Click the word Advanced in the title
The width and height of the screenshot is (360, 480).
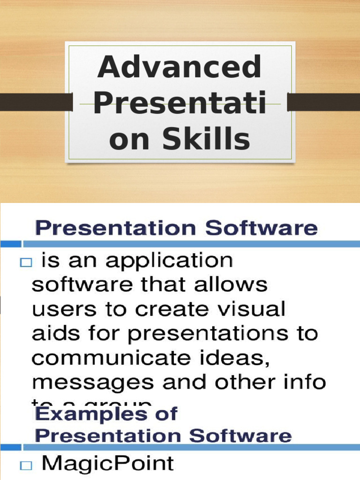pos(179,67)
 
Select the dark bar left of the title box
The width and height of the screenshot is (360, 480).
pos(36,102)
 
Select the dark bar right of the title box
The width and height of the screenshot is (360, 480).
pos(323,102)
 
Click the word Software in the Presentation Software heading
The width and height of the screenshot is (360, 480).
pos(262,229)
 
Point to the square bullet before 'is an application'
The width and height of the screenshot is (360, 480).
pos(25,264)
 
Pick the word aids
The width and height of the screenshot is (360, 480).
pos(51,334)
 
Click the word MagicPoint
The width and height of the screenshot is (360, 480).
pos(107,464)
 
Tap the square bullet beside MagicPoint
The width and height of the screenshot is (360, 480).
pos(25,465)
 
